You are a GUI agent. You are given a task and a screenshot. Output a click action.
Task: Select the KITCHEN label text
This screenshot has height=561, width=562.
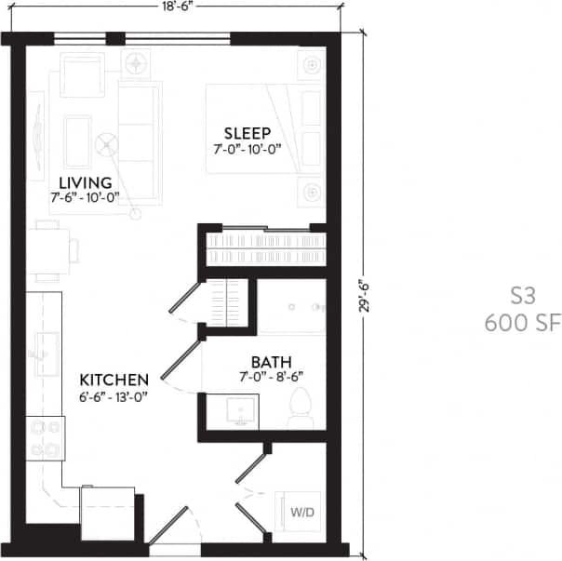coord(114,380)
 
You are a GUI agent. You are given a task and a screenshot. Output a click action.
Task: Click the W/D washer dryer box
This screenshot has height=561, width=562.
coord(302,513)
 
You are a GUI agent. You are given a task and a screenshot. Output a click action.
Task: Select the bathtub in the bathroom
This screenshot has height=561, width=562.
coord(291,307)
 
